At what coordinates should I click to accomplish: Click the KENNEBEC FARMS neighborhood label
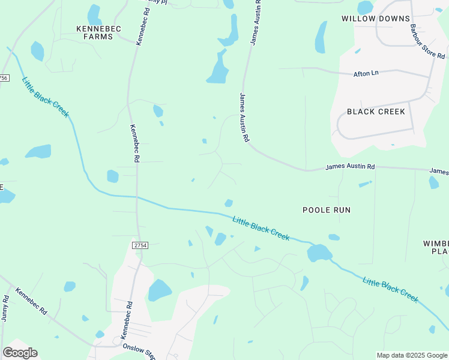[x=95, y=32]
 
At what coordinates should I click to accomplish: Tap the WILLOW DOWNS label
[x=376, y=19]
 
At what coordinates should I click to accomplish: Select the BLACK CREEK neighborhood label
[x=376, y=112]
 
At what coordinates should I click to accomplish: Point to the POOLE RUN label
[x=326, y=210]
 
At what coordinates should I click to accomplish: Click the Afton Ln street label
[x=366, y=73]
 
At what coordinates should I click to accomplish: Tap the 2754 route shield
[x=140, y=245]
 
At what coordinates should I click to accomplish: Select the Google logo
[x=20, y=353]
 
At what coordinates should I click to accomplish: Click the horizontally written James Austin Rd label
[x=350, y=166]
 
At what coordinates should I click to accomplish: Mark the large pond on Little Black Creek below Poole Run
[x=319, y=253]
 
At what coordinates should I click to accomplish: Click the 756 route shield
[x=4, y=77]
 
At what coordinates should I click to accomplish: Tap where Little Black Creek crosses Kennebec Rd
[x=137, y=197]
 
